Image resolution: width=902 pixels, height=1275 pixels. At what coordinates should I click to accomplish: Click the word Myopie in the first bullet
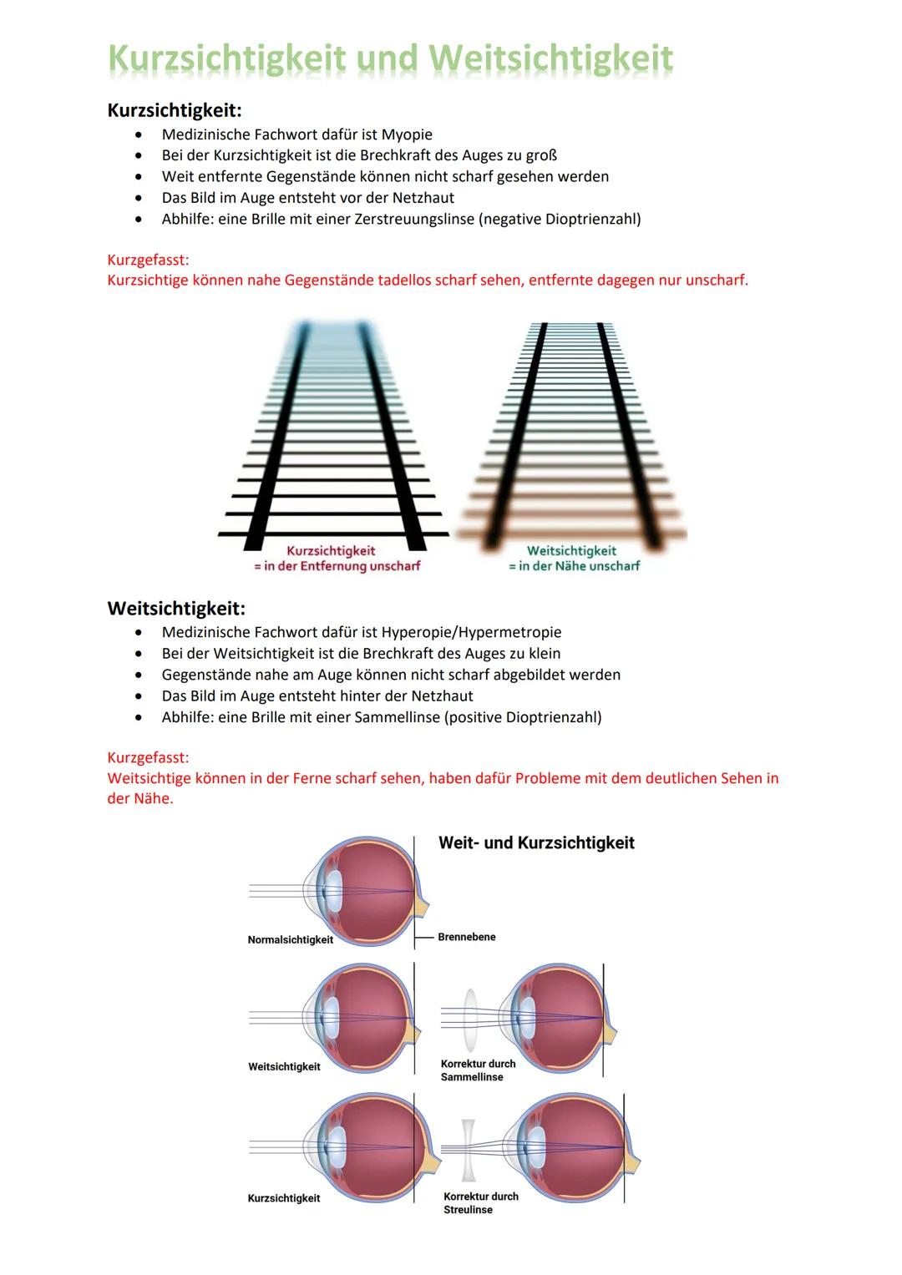[x=407, y=134]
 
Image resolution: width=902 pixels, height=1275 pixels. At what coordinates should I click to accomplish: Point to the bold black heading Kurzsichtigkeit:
[x=175, y=110]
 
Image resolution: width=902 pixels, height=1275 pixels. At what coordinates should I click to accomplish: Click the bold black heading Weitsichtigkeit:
[x=176, y=608]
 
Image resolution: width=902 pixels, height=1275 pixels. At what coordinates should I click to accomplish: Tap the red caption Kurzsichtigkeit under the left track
[x=331, y=551]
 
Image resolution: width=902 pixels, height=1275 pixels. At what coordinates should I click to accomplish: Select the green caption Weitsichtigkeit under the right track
[x=571, y=551]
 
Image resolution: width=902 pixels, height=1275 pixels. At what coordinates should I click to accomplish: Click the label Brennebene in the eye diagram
[x=466, y=937]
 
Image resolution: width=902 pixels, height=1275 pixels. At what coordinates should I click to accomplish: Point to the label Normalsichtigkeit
[x=290, y=939]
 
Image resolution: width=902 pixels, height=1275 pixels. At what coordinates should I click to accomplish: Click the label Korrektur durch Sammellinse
[x=478, y=1070]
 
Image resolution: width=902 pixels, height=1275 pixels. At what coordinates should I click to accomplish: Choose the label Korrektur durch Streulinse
[x=480, y=1202]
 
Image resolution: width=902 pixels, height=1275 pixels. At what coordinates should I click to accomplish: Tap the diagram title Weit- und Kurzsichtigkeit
[x=536, y=842]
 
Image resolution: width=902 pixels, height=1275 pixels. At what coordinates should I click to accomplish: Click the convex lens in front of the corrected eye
[x=470, y=1015]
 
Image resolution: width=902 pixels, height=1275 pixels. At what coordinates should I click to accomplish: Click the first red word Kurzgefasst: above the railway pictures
[x=148, y=260]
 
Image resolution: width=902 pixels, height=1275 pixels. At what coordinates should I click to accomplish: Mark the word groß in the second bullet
[x=541, y=155]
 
